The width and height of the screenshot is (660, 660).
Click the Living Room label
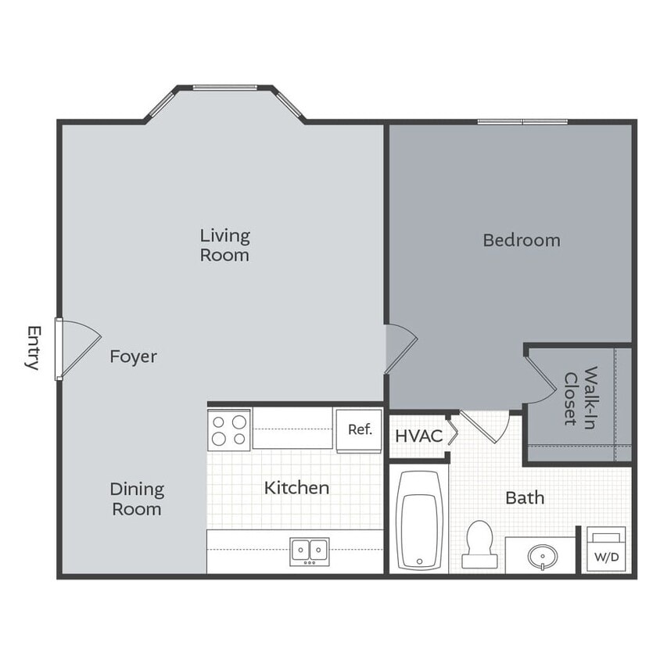click(x=224, y=245)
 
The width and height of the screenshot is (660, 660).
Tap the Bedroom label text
click(x=521, y=240)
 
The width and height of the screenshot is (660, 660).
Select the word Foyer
click(x=133, y=357)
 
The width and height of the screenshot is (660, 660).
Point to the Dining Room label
click(x=136, y=499)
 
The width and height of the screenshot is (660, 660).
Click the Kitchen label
click(x=296, y=488)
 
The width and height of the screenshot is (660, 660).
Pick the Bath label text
click(x=525, y=497)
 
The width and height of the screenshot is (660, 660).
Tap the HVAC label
click(x=418, y=436)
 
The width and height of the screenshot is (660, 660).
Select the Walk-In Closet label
click(x=581, y=396)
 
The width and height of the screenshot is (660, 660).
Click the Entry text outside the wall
click(x=33, y=348)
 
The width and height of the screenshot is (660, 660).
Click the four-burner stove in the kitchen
click(x=229, y=429)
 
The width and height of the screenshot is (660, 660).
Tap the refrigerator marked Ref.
click(x=359, y=429)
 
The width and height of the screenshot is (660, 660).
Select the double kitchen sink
click(x=310, y=551)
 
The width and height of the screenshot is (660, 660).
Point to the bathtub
click(x=419, y=520)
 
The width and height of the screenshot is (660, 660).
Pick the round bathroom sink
click(x=541, y=556)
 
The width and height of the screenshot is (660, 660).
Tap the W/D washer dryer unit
click(x=606, y=551)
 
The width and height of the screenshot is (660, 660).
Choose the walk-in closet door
click(x=540, y=376)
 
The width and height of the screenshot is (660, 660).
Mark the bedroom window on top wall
click(x=522, y=121)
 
